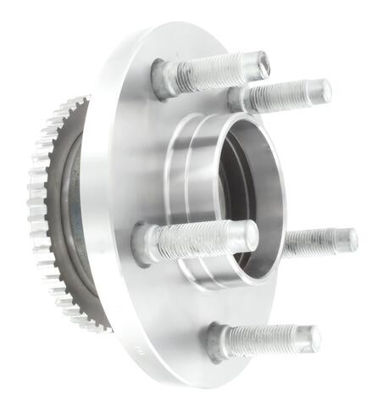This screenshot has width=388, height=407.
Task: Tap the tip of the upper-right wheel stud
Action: coord(323,90)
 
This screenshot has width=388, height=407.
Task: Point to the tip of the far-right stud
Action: coord(348,241)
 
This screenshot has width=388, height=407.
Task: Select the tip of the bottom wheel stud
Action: coord(313,338)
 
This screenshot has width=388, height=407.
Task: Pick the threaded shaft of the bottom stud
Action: coord(267,340)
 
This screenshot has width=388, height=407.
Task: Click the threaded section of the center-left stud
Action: coord(199,239)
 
